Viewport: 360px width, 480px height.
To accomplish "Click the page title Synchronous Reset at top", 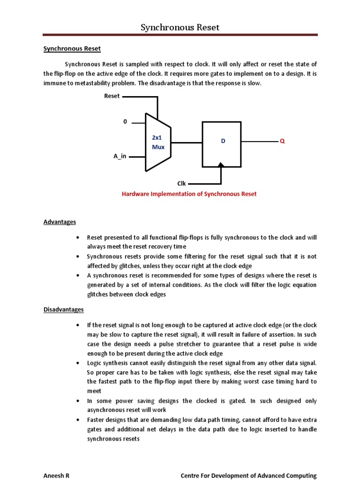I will [x=180, y=27].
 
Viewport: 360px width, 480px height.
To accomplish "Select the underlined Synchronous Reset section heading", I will [x=72, y=48].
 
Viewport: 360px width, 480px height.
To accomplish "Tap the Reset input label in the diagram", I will [x=112, y=96].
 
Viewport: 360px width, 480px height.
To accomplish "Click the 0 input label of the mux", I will [x=125, y=122].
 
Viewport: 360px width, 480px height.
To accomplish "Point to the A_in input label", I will [x=120, y=156].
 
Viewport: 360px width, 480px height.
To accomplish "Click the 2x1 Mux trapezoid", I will [x=158, y=142].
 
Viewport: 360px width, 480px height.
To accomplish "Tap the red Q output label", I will [x=282, y=141].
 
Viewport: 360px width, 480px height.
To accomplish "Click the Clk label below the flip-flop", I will [x=181, y=184].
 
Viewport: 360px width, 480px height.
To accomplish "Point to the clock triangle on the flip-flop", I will [x=221, y=165].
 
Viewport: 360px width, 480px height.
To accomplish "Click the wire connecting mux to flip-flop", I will [x=186, y=142].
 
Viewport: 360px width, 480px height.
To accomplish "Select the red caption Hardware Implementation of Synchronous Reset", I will [x=189, y=194].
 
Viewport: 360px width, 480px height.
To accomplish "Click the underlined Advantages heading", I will [x=60, y=222].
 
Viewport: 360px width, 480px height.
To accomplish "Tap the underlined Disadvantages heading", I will [x=64, y=309].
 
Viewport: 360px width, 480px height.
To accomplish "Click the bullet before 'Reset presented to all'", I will [x=77, y=238].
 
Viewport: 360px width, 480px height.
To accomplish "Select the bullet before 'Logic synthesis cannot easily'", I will [x=77, y=363].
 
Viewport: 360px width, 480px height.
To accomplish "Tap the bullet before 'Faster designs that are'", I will [x=77, y=420].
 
